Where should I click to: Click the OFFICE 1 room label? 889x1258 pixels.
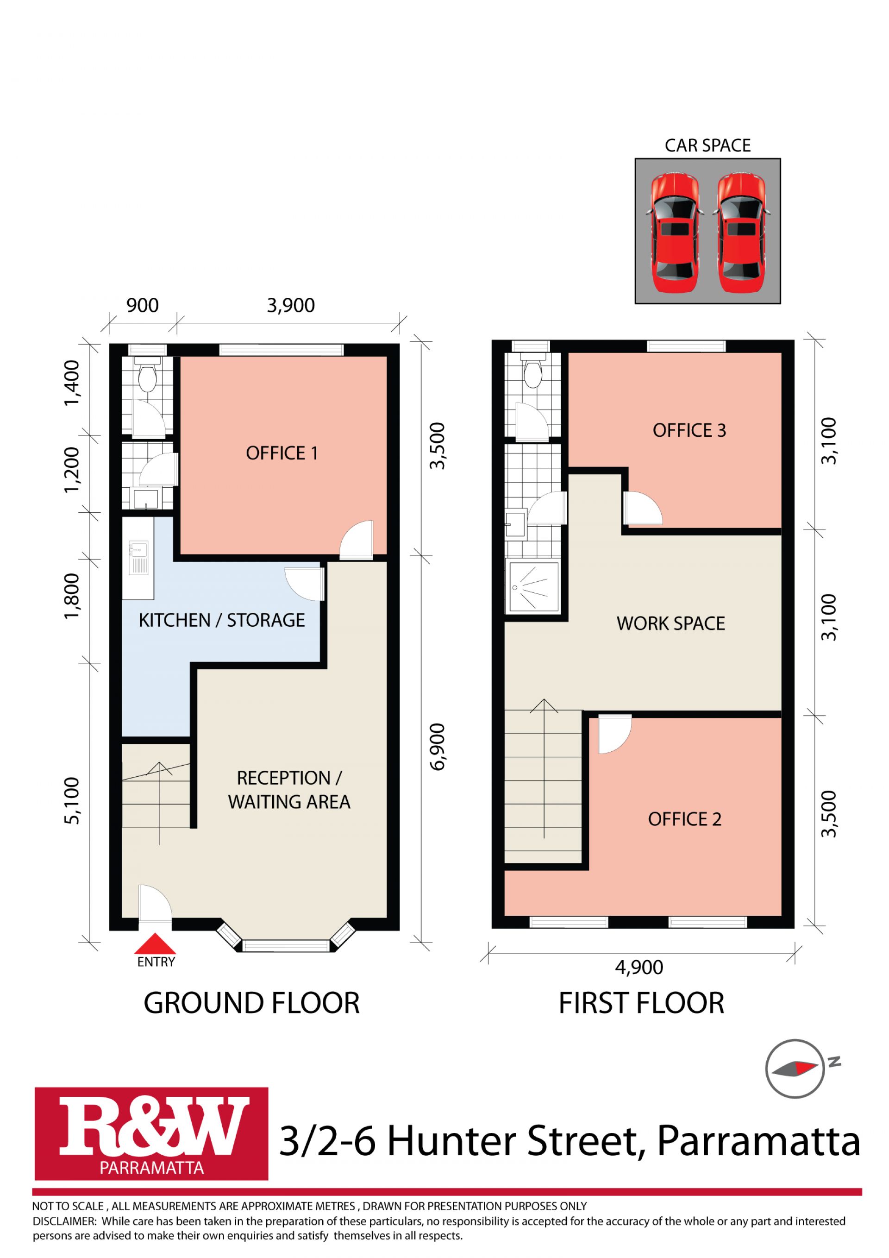point(282,453)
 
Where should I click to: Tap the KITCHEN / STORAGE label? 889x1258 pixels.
point(222,620)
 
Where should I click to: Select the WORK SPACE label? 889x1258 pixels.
point(671,623)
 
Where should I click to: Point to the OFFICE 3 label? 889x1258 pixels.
point(689,431)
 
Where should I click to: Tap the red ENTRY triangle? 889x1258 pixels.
point(156,943)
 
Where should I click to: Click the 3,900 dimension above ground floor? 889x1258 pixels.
point(291,305)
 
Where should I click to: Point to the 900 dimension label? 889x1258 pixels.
point(143,305)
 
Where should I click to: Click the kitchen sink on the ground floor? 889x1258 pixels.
point(138,558)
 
